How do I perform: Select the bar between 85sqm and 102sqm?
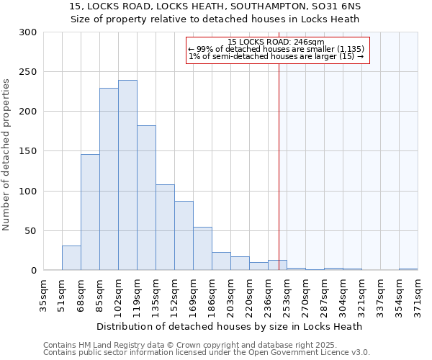click(109, 179)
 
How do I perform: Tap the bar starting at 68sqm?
click(90, 212)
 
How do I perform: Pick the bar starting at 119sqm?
click(146, 198)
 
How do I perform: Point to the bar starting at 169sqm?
click(202, 248)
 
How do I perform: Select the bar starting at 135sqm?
click(165, 228)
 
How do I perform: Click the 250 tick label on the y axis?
click(28, 72)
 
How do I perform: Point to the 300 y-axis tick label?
click(28, 32)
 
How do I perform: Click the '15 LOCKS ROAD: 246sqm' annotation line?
click(276, 42)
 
